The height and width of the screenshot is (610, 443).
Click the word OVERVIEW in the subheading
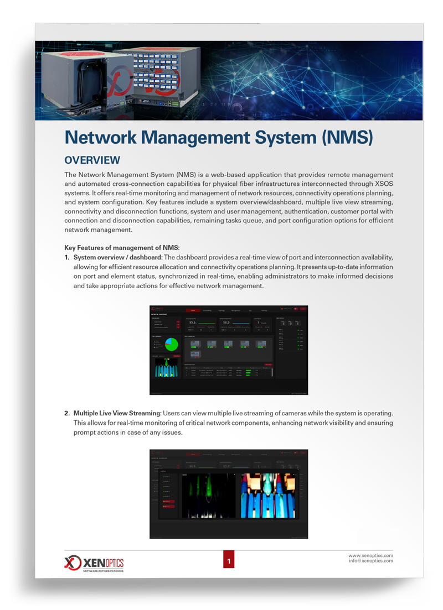click(92, 160)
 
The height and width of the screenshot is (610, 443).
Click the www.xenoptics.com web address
click(370, 555)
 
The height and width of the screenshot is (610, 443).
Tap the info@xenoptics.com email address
click(370, 561)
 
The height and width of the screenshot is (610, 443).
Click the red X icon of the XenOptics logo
click(73, 562)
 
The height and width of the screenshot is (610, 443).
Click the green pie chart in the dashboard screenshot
click(171, 343)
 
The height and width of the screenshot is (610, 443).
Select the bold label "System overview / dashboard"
click(117, 258)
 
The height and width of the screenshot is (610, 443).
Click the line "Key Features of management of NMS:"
click(122, 247)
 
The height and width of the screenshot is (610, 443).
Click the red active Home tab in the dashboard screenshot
click(193, 311)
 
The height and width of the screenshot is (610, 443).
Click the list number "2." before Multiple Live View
click(67, 414)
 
